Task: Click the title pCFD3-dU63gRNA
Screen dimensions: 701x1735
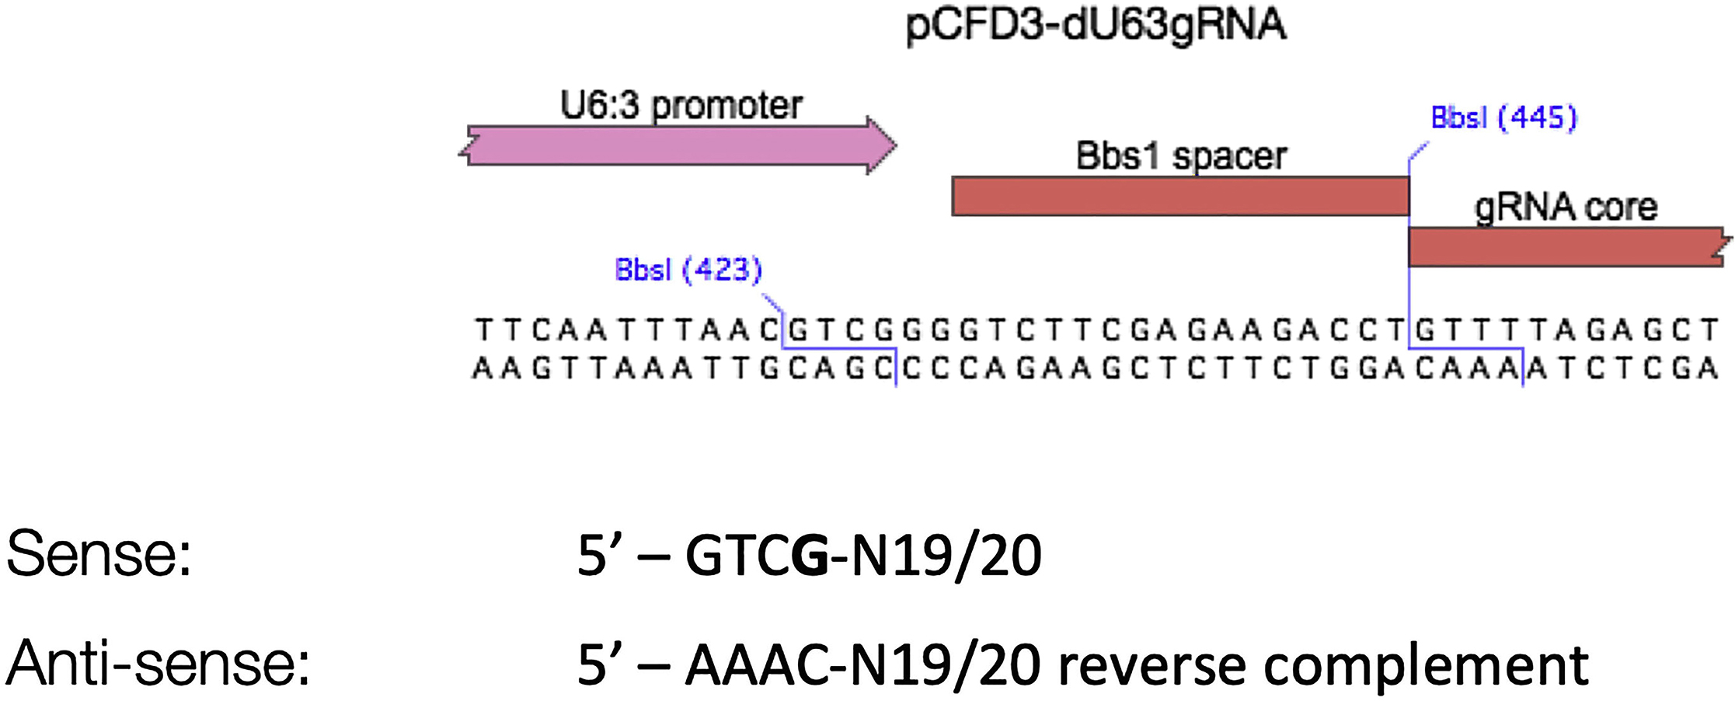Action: (x=1096, y=25)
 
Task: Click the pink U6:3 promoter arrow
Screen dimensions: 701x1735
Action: (x=676, y=145)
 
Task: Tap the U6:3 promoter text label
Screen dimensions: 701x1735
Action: (x=681, y=106)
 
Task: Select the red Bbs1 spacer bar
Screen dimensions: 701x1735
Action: (x=1179, y=196)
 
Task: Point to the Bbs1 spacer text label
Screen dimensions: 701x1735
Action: (x=1181, y=156)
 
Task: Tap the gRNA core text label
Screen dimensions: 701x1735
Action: (x=1565, y=208)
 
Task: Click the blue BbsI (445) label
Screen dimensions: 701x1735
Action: (x=1503, y=117)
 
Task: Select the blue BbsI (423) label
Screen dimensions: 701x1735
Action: (x=688, y=270)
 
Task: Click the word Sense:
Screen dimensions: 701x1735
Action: (x=99, y=554)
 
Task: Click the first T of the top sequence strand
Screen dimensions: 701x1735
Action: (x=483, y=330)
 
